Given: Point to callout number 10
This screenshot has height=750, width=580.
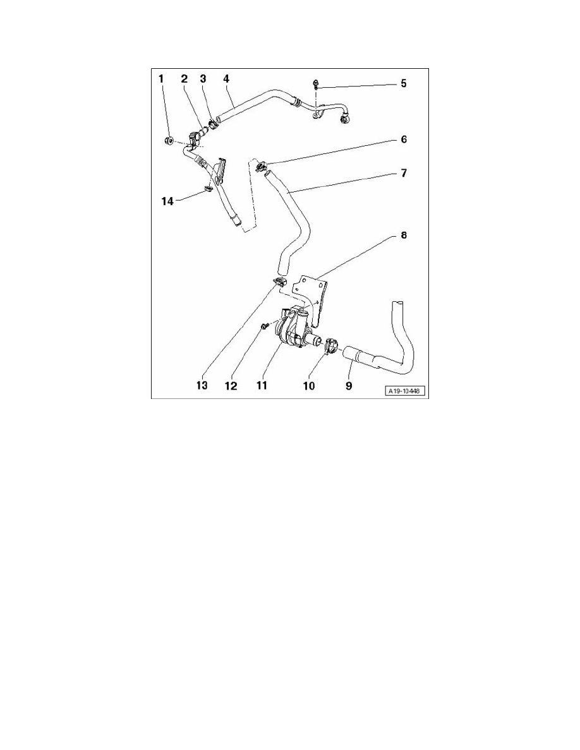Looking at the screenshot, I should coord(309,384).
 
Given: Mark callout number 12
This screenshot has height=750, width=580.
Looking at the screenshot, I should coord(231,384).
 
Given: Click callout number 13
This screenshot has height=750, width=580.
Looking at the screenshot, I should coord(201,384).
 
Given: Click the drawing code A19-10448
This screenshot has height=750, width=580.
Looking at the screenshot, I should coord(404,391).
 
